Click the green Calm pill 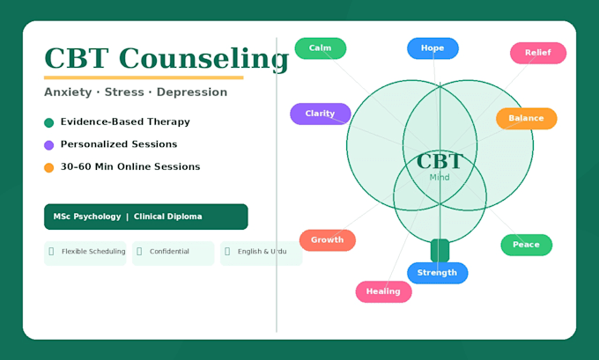321,48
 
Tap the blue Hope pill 433,48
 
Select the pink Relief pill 538,53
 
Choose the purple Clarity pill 321,114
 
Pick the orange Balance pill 527,118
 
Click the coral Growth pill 328,240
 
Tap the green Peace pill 527,245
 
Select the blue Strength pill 438,273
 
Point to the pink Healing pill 383,291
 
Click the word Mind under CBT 440,177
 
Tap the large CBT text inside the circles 440,161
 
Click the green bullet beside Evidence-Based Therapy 49,122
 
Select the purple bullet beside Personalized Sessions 49,145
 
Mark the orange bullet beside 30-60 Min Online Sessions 49,167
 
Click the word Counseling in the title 204,59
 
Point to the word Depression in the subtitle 192,92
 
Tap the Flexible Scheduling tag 85,253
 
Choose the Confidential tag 173,253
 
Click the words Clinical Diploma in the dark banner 167,217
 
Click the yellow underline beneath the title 144,77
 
